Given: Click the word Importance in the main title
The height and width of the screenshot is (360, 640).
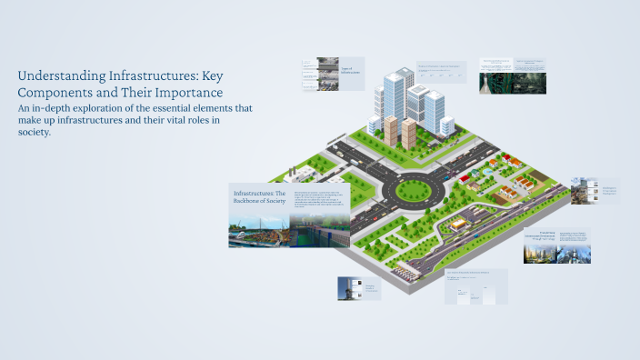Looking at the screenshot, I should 190,92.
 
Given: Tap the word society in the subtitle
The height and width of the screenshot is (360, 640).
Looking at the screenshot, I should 33,132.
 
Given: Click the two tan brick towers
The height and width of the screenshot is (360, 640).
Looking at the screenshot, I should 400,131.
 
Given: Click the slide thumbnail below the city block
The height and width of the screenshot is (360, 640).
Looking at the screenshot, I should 476,286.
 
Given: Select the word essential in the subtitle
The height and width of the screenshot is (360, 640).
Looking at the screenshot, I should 164,107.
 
